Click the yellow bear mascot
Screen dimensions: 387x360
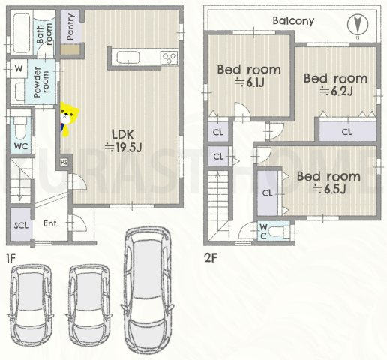click(x=69, y=119)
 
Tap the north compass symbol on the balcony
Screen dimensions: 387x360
click(x=358, y=25)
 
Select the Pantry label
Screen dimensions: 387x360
click(x=71, y=27)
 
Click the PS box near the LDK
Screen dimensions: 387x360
click(x=64, y=163)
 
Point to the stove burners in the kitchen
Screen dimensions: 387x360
click(x=169, y=58)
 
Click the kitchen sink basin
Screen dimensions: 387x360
click(x=128, y=58)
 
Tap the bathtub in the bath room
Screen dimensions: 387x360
click(x=21, y=33)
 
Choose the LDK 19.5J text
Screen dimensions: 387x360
click(x=124, y=141)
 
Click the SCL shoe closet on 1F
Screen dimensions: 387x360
click(x=21, y=224)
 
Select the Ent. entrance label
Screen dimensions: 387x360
click(x=51, y=223)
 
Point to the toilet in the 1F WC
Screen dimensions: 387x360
click(x=19, y=128)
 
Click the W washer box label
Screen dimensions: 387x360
click(x=19, y=68)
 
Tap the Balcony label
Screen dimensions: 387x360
click(x=293, y=21)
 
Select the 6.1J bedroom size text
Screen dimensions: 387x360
click(x=249, y=82)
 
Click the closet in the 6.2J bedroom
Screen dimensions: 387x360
click(x=347, y=131)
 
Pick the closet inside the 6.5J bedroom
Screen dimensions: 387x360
click(x=268, y=193)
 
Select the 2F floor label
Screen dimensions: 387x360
click(x=211, y=258)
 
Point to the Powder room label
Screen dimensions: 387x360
click(x=41, y=82)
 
